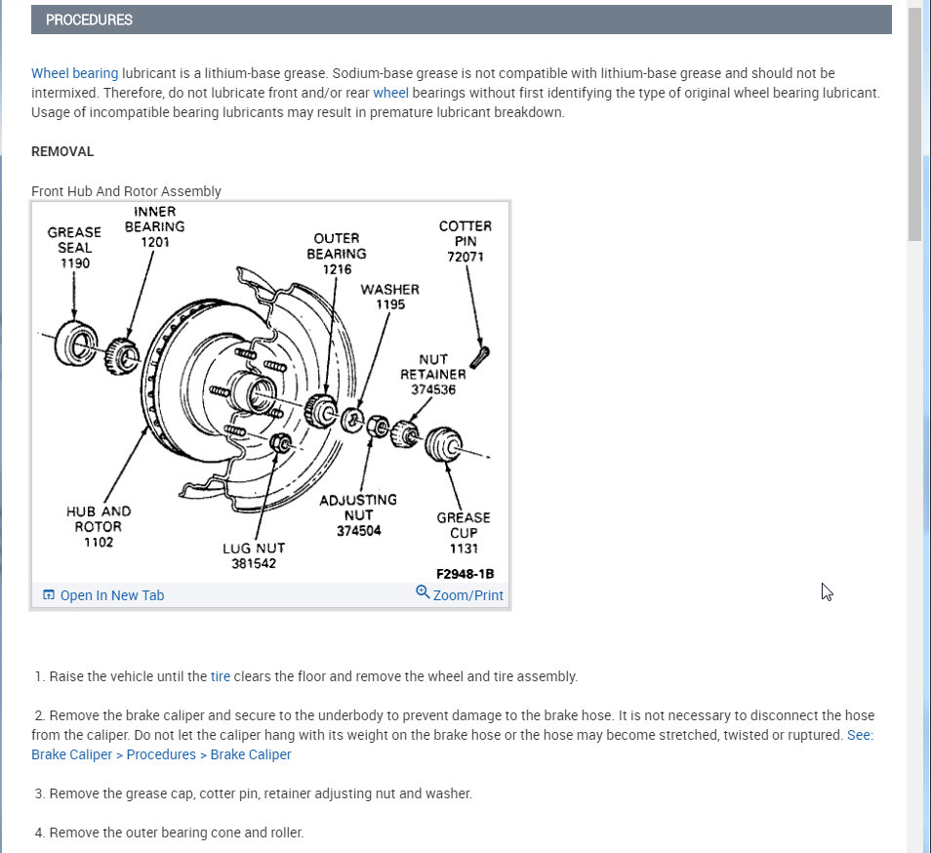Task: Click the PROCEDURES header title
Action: (x=89, y=20)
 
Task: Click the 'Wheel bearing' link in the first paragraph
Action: (x=74, y=73)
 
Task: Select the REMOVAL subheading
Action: (x=62, y=151)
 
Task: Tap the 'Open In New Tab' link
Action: (x=111, y=595)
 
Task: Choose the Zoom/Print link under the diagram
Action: (x=467, y=595)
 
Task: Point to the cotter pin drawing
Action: (x=479, y=357)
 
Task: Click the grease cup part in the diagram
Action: (x=444, y=445)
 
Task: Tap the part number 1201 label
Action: (x=155, y=241)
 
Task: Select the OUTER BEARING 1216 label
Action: (x=337, y=254)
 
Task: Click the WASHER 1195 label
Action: (x=389, y=297)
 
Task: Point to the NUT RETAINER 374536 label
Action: (x=432, y=375)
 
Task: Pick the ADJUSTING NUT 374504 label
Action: (x=358, y=514)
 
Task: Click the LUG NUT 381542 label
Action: (x=254, y=555)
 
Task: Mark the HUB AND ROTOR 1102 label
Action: (x=99, y=526)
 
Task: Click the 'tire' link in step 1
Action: (x=221, y=676)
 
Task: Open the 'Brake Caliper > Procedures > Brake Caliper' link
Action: (x=161, y=754)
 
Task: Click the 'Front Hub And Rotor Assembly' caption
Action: (x=126, y=191)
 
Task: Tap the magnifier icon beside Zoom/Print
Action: (x=423, y=592)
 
